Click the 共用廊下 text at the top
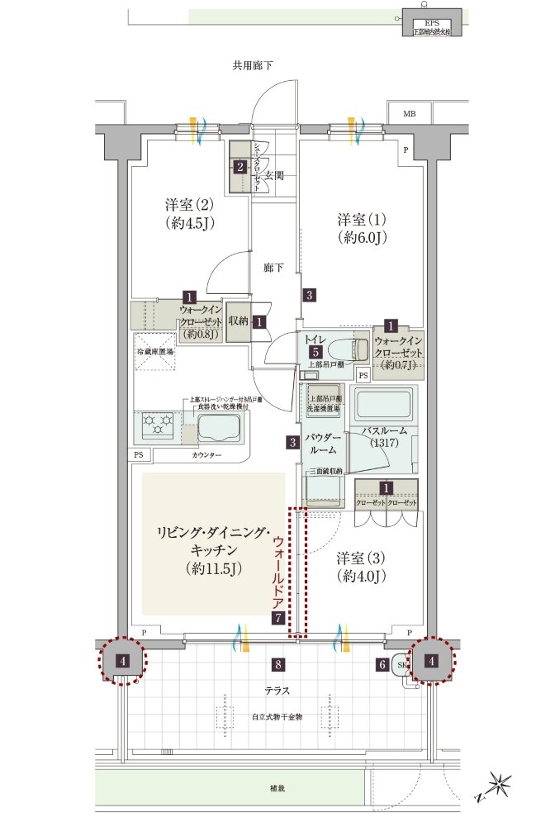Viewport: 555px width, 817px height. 253,64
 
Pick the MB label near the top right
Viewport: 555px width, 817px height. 410,113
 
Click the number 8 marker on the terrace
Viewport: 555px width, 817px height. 279,663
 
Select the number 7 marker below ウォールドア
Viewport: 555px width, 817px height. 278,618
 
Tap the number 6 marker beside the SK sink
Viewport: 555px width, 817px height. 382,663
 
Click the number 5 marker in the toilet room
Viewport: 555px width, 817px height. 315,351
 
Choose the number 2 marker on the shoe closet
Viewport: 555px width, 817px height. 240,167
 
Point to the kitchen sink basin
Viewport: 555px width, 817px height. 218,429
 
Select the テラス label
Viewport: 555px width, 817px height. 277,690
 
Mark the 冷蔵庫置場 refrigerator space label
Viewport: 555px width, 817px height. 154,353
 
